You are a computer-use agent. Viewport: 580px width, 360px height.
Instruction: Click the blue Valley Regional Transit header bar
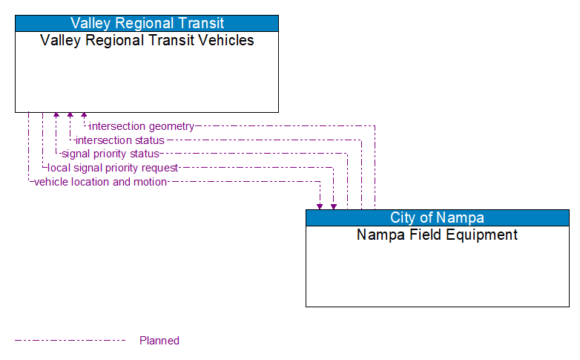147,23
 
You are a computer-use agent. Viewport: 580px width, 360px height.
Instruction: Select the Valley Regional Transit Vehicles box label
147,41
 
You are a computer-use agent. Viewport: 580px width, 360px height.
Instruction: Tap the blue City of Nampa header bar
437,217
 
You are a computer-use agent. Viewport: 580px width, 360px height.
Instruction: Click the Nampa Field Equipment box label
437,235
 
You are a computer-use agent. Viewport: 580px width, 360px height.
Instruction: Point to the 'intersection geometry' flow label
142,126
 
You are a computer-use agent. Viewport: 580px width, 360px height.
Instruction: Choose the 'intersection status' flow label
120,140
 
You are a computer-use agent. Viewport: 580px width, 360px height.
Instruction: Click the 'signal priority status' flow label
111,154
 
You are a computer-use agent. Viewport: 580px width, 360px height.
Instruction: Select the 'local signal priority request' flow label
113,168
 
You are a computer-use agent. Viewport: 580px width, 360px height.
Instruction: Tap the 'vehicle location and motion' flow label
100,182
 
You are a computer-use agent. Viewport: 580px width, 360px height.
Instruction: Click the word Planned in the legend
159,341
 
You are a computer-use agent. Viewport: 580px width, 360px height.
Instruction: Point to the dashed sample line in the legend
70,341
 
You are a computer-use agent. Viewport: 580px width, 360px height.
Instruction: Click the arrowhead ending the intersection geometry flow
84,116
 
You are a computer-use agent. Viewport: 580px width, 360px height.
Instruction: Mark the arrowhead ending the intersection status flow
70,116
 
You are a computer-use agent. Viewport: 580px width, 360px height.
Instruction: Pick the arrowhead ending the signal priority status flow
56,116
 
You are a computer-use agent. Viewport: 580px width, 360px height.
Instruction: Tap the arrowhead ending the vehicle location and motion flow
320,206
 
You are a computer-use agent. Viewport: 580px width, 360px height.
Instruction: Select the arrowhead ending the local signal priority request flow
334,206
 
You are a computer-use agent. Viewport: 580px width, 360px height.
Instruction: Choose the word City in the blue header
403,217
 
